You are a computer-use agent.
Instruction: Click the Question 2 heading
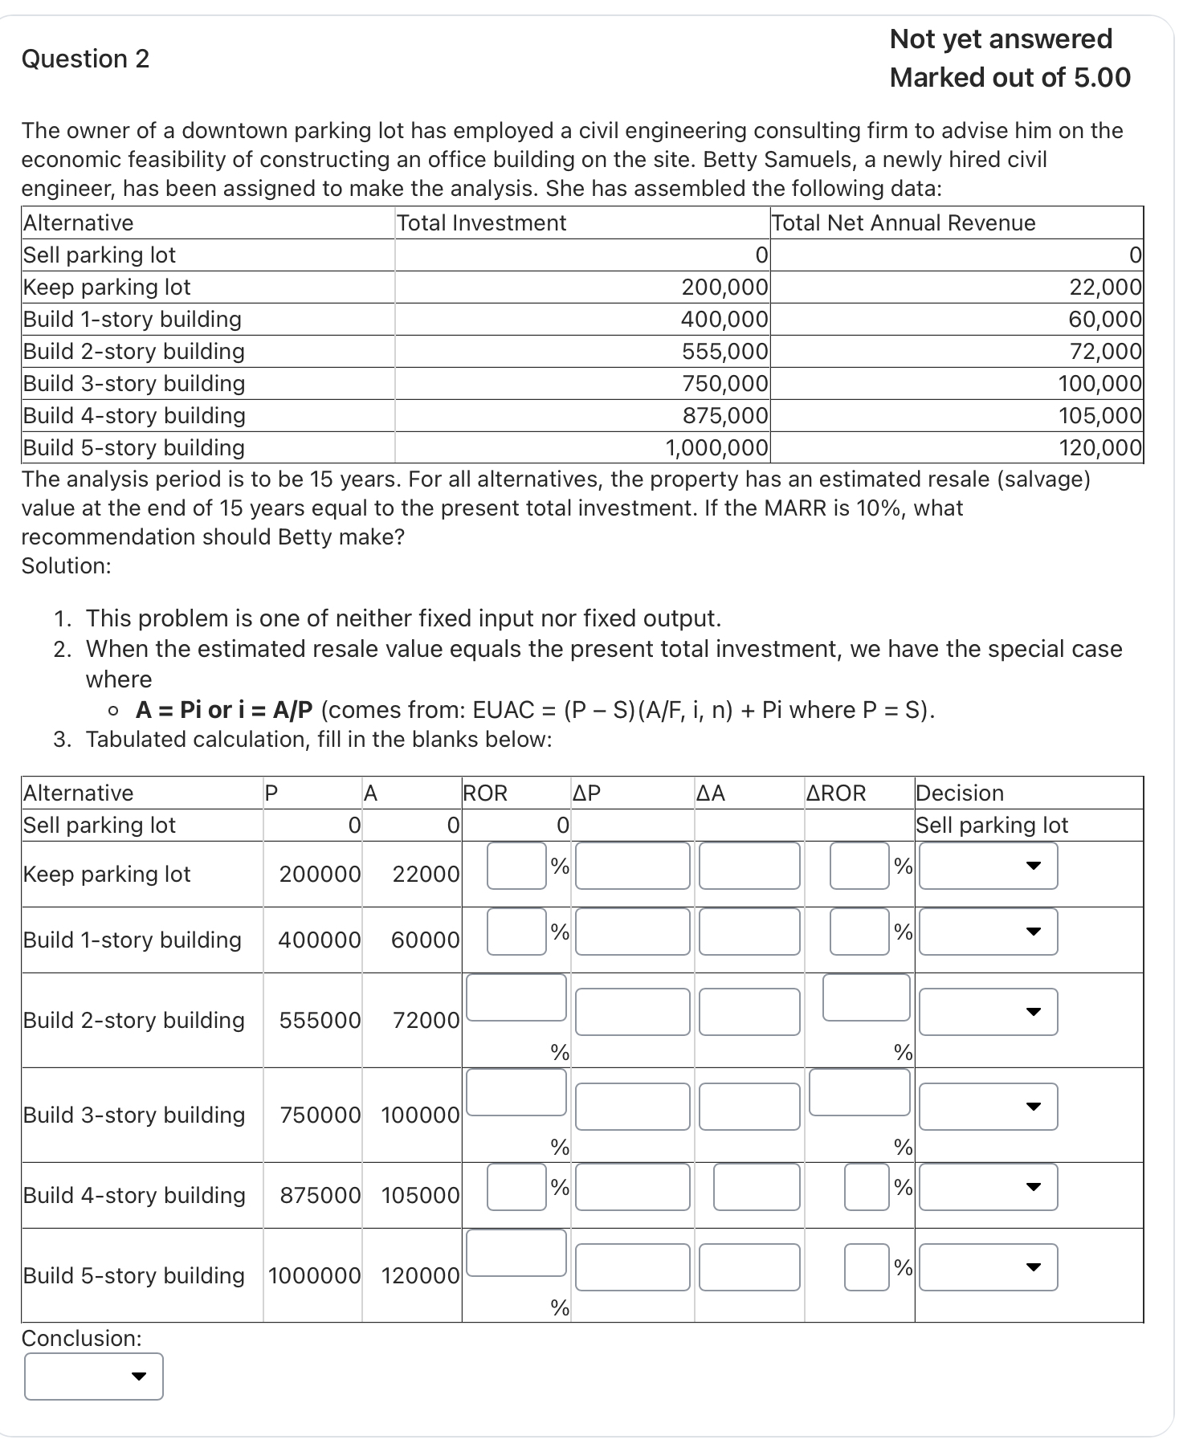[85, 59]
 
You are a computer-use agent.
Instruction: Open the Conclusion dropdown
[93, 1376]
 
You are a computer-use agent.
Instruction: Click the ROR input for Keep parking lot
[516, 866]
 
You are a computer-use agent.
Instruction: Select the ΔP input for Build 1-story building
[632, 932]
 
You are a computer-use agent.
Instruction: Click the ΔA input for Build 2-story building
[749, 1011]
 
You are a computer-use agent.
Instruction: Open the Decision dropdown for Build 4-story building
[988, 1187]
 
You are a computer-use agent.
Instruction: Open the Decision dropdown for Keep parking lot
[988, 866]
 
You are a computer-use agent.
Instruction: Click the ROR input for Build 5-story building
[516, 1253]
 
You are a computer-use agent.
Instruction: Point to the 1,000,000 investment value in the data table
[716, 447]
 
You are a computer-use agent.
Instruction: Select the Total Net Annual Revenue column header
[904, 222]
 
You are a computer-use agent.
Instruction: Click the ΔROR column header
[836, 793]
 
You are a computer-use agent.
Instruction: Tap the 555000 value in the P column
[320, 1020]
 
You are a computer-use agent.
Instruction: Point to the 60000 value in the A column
[425, 940]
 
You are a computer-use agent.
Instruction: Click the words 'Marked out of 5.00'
[1010, 77]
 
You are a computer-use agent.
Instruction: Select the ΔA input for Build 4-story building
[756, 1187]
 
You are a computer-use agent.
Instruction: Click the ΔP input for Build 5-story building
[632, 1267]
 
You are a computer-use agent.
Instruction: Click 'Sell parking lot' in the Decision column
[992, 825]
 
